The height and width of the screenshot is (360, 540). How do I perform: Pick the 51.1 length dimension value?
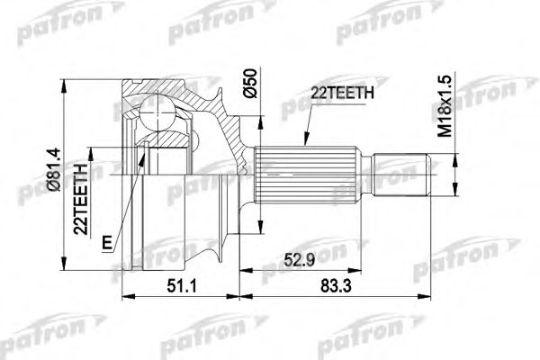181,285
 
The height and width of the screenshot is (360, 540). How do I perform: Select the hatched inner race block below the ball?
167,153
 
